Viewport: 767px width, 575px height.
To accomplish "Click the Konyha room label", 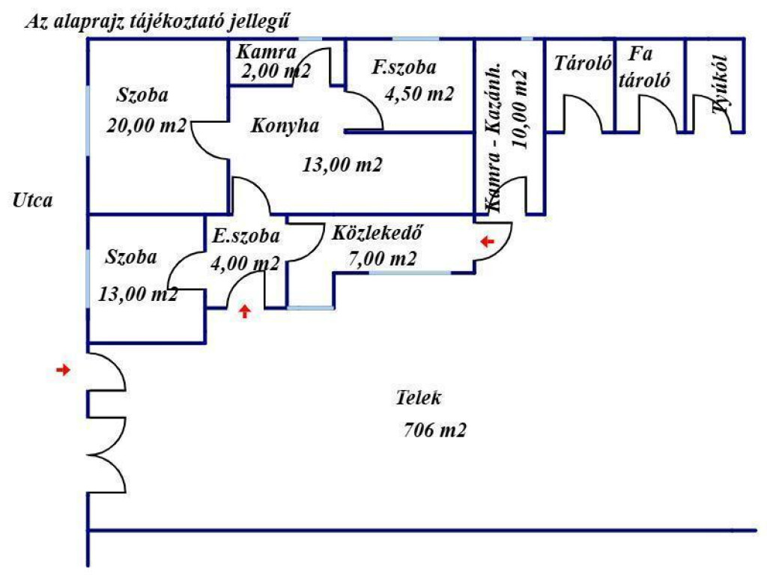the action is pyautogui.click(x=285, y=126).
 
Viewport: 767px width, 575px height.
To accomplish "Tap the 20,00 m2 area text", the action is pyautogui.click(x=146, y=126).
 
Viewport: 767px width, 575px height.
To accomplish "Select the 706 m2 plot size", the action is pyautogui.click(x=434, y=431).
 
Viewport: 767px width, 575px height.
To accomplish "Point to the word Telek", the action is pyautogui.click(x=418, y=398).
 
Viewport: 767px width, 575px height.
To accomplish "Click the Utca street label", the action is pyautogui.click(x=32, y=201).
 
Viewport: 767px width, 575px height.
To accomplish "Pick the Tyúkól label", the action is pyautogui.click(x=720, y=85).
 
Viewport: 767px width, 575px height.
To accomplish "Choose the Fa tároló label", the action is pyautogui.click(x=643, y=67).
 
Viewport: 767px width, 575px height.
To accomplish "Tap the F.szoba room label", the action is pyautogui.click(x=404, y=67).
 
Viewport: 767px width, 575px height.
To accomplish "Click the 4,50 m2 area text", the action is pyautogui.click(x=419, y=94).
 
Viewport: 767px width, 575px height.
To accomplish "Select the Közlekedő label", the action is pyautogui.click(x=377, y=233).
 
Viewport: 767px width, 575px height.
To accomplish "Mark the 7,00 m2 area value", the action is pyautogui.click(x=382, y=258).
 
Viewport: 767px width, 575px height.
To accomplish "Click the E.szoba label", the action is pyautogui.click(x=246, y=236).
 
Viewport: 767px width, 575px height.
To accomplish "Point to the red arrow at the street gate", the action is pyautogui.click(x=63, y=370).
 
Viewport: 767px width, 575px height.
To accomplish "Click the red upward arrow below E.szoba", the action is pyautogui.click(x=245, y=311).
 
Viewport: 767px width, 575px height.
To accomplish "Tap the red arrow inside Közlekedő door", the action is pyautogui.click(x=487, y=241).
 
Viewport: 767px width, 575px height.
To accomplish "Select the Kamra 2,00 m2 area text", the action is pyautogui.click(x=276, y=71).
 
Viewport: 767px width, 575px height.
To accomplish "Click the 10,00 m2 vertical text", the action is pyautogui.click(x=520, y=109).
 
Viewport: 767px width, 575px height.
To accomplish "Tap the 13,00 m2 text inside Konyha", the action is pyautogui.click(x=342, y=165).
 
